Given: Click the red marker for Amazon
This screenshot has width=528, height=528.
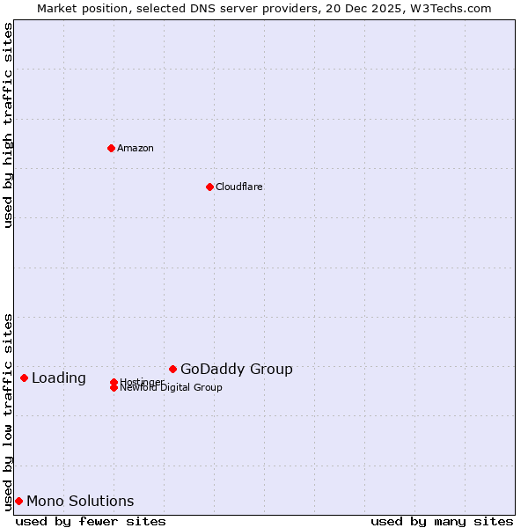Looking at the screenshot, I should pyautogui.click(x=111, y=148).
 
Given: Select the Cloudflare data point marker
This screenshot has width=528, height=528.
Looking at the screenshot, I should pyautogui.click(x=209, y=187).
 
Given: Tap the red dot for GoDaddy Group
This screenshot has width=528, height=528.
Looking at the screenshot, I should pyautogui.click(x=172, y=369).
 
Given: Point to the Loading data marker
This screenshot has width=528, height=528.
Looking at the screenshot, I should pyautogui.click(x=24, y=378).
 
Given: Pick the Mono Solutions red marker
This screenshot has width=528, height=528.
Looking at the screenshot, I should pyautogui.click(x=18, y=501).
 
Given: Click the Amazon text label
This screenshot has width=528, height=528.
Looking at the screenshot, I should pyautogui.click(x=136, y=148).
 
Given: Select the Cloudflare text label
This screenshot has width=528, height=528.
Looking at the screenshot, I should pyautogui.click(x=239, y=187).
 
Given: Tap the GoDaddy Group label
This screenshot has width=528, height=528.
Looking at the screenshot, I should pyautogui.click(x=237, y=369).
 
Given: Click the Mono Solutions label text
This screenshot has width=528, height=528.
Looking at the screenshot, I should pyautogui.click(x=80, y=501).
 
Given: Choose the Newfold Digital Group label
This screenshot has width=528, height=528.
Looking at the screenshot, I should pyautogui.click(x=172, y=388).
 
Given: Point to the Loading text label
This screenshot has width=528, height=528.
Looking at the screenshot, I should pyautogui.click(x=59, y=378).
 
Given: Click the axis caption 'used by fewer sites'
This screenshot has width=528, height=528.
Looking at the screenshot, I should pyautogui.click(x=91, y=521).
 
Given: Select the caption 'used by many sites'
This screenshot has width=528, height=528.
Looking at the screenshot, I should pyautogui.click(x=442, y=521).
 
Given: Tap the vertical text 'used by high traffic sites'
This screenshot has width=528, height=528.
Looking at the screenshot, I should pyautogui.click(x=8, y=125).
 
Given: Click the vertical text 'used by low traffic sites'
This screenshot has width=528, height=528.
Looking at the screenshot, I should pyautogui.click(x=8, y=411).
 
